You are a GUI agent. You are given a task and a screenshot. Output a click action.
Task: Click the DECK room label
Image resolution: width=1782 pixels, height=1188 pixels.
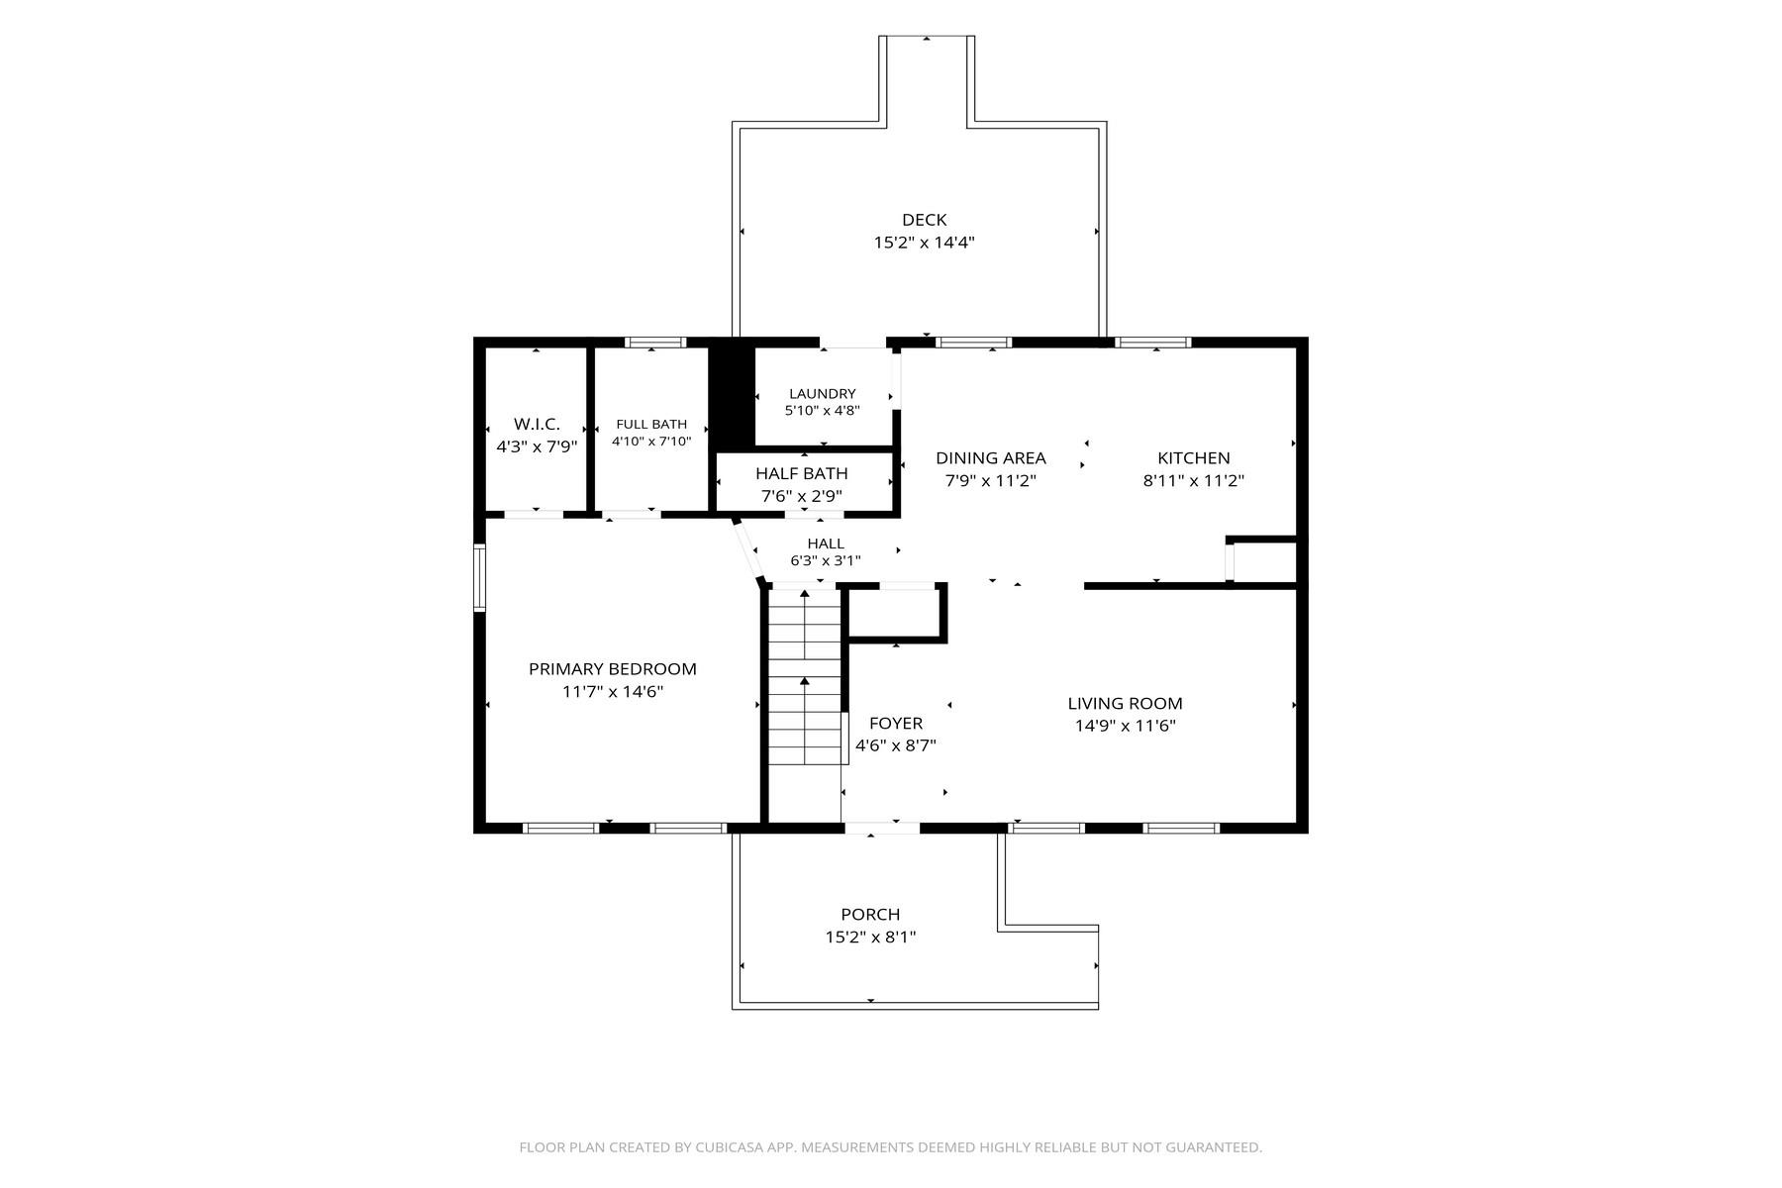click(924, 220)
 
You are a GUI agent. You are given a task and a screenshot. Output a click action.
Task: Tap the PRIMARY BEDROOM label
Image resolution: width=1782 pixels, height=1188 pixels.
click(613, 669)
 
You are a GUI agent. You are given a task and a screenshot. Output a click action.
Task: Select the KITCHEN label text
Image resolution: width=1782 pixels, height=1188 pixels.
click(1194, 458)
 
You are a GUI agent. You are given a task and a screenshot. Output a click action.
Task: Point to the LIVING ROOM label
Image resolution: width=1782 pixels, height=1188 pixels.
click(1125, 704)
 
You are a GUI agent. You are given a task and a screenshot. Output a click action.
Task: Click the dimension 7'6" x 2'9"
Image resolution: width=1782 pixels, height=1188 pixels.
click(802, 496)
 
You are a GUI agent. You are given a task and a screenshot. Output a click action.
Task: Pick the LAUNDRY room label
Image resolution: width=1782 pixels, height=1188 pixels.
click(823, 394)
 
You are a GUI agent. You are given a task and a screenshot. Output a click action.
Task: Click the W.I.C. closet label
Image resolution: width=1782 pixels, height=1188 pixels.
click(537, 425)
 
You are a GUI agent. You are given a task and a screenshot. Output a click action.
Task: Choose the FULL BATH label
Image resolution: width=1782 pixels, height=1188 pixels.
click(651, 425)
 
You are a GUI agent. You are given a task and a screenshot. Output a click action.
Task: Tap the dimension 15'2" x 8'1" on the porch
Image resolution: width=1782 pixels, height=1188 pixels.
click(871, 937)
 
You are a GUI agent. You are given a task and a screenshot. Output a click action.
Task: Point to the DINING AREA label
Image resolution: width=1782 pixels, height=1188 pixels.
click(991, 458)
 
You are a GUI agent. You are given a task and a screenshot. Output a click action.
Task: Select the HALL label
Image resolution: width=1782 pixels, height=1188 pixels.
click(826, 544)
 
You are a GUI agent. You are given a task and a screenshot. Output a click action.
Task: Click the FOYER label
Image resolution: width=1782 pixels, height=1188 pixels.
click(896, 724)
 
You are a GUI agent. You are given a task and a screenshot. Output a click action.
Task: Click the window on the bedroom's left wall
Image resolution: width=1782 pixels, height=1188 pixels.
click(479, 577)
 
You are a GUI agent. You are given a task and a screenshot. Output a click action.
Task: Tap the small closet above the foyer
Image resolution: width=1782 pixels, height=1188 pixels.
click(897, 614)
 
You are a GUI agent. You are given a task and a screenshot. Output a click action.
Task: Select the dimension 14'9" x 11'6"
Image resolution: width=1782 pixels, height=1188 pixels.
click(1126, 726)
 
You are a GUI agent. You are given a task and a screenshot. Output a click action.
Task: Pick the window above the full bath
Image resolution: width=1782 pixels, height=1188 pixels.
click(654, 343)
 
